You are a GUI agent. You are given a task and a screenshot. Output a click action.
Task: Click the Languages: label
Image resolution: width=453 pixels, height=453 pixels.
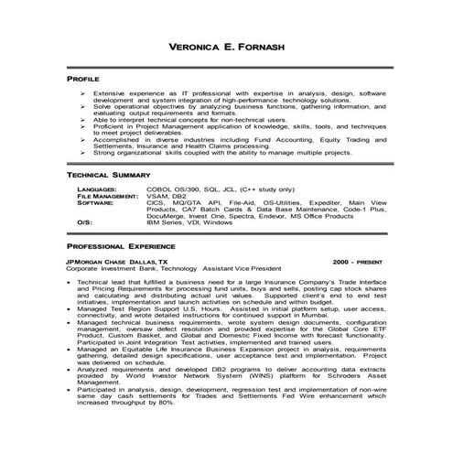click(x=97, y=188)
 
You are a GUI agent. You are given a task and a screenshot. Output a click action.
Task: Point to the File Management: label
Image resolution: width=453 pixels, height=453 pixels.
click(x=108, y=195)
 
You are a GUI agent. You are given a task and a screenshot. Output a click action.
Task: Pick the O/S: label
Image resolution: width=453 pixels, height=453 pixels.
click(x=84, y=222)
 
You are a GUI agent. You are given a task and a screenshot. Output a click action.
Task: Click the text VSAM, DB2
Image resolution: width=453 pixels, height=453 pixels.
click(x=166, y=195)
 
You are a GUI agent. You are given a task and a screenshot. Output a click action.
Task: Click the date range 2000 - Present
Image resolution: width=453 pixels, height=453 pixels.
click(x=363, y=262)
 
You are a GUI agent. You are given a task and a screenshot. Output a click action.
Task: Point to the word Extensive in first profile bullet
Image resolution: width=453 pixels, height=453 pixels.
click(x=110, y=94)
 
